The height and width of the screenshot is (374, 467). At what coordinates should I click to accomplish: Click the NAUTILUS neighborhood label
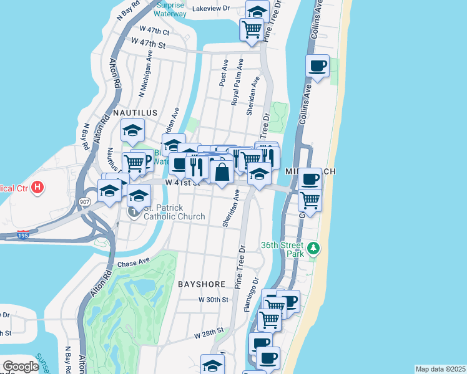(135, 113)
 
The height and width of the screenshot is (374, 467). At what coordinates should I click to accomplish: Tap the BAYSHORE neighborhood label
(201, 284)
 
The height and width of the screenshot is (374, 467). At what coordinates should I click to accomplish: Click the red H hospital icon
(37, 186)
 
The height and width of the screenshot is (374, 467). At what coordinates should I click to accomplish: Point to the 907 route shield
(85, 201)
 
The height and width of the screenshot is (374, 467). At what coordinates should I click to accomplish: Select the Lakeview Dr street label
(211, 9)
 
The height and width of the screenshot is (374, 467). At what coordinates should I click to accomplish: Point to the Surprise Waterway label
(170, 10)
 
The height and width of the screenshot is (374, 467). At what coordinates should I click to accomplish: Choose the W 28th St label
(208, 335)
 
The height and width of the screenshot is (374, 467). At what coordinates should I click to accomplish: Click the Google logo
(21, 367)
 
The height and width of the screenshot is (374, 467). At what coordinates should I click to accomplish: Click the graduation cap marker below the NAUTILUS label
(132, 132)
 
